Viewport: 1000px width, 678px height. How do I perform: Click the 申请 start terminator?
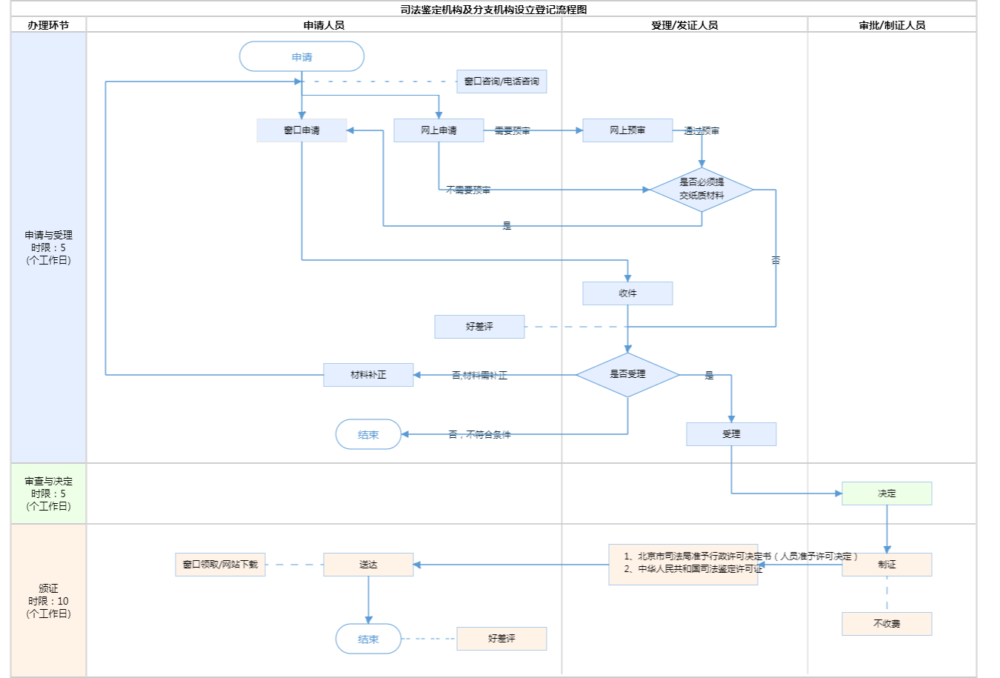pyautogui.click(x=301, y=56)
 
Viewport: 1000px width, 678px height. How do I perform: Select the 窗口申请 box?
pyautogui.click(x=301, y=130)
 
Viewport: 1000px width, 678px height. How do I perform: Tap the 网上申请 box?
pyautogui.click(x=439, y=130)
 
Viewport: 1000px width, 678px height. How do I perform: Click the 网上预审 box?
pyautogui.click(x=627, y=130)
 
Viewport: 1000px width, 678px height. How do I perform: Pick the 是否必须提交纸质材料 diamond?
pyautogui.click(x=701, y=190)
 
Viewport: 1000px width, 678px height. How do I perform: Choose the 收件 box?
pyautogui.click(x=627, y=293)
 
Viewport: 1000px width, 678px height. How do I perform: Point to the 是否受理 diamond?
pyautogui.click(x=627, y=375)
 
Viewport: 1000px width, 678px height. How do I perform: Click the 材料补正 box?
pyautogui.click(x=368, y=375)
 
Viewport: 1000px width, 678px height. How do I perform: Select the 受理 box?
pyautogui.click(x=731, y=434)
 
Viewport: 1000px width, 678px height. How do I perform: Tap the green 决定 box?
pyautogui.click(x=887, y=493)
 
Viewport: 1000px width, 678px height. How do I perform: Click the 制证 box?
pyautogui.click(x=887, y=565)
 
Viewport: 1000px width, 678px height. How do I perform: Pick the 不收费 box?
pyautogui.click(x=887, y=624)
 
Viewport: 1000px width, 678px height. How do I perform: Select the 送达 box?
pyautogui.click(x=368, y=565)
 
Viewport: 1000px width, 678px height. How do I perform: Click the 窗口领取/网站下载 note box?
pyautogui.click(x=220, y=565)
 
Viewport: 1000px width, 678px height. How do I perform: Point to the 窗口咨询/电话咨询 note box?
pyautogui.click(x=501, y=82)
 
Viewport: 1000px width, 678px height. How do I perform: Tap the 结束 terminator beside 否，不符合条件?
pyautogui.click(x=368, y=434)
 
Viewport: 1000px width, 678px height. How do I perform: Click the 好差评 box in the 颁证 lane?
pyautogui.click(x=501, y=639)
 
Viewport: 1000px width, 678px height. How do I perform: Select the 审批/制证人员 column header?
pyautogui.click(x=892, y=25)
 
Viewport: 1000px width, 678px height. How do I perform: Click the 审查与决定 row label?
pyautogui.click(x=48, y=493)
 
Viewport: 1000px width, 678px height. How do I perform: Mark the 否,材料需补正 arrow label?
pyautogui.click(x=479, y=376)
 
